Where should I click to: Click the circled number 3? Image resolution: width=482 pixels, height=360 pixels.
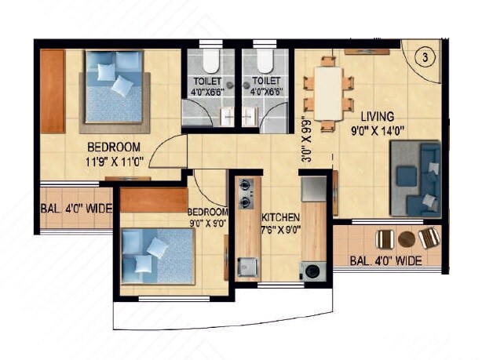[424, 57]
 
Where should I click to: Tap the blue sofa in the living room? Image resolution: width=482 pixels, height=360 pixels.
[415, 178]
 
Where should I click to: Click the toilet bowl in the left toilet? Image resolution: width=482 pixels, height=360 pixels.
[208, 63]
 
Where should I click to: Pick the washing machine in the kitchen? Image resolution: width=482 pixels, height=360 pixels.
[313, 271]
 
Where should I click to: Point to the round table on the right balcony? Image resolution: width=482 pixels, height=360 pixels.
[407, 238]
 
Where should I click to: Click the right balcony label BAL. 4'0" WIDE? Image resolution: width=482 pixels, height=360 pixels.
[385, 260]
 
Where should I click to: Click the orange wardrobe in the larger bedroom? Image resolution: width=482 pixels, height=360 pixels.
[53, 91]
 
